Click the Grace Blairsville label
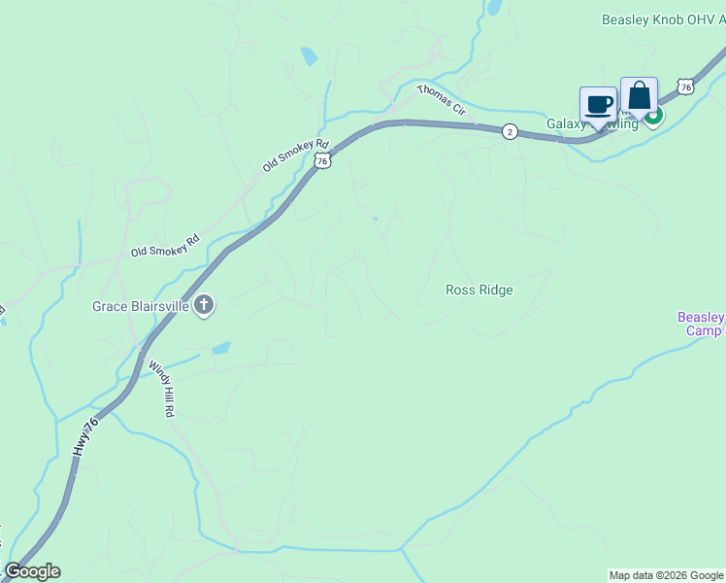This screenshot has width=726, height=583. point(140,306)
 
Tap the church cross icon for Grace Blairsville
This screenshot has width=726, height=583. point(204,306)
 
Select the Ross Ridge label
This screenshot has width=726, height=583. point(478,290)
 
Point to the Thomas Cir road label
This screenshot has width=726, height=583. point(443,101)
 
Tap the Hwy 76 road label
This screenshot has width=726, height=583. point(85,436)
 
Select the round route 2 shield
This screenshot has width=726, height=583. point(510,131)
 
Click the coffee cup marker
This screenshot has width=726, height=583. point(598,103)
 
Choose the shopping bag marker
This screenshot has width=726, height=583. point(639,95)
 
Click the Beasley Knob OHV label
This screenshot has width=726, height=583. point(662,19)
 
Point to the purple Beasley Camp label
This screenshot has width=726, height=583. point(700,324)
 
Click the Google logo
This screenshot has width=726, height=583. point(32,571)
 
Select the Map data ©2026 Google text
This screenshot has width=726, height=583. point(666,575)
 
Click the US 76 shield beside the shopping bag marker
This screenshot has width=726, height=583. point(686,86)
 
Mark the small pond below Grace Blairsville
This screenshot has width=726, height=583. point(221,347)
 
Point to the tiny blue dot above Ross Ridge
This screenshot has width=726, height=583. point(376,219)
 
